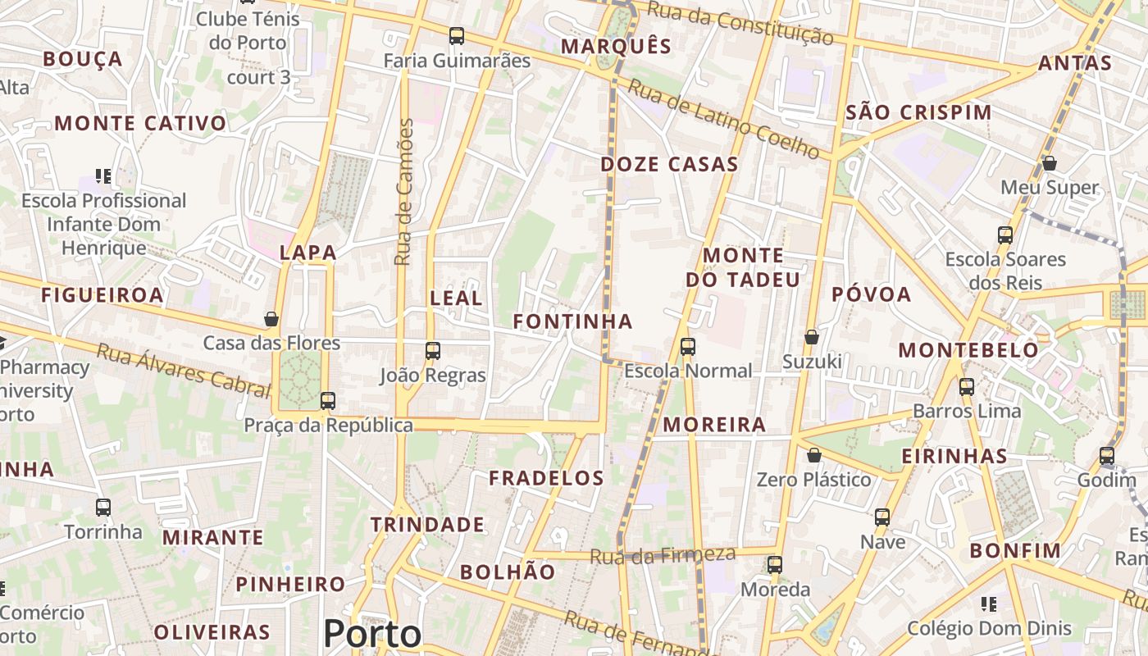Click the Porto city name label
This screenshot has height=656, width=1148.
click(372, 634)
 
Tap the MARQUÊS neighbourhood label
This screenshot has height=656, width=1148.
click(616, 46)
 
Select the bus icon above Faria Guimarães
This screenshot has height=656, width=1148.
click(457, 36)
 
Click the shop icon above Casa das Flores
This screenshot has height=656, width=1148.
click(271, 319)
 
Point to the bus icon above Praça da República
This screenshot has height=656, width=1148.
click(328, 401)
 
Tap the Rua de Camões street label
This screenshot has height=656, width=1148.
click(403, 192)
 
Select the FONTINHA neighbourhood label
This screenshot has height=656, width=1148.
click(573, 321)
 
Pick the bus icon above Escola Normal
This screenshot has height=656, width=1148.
click(688, 347)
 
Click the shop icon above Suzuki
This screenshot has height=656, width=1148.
click(812, 337)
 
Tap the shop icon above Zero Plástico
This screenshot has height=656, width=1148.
click(814, 455)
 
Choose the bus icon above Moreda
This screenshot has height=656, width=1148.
click(775, 565)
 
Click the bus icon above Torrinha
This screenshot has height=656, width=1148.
click(103, 508)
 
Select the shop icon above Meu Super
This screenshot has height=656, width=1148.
click(1050, 163)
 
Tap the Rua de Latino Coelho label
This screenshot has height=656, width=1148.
click(723, 119)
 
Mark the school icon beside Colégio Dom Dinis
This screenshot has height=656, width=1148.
click(989, 604)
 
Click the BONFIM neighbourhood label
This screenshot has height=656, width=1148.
click(1015, 550)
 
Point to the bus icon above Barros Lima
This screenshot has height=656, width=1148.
click(967, 386)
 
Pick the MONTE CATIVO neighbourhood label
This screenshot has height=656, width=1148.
click(140, 124)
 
